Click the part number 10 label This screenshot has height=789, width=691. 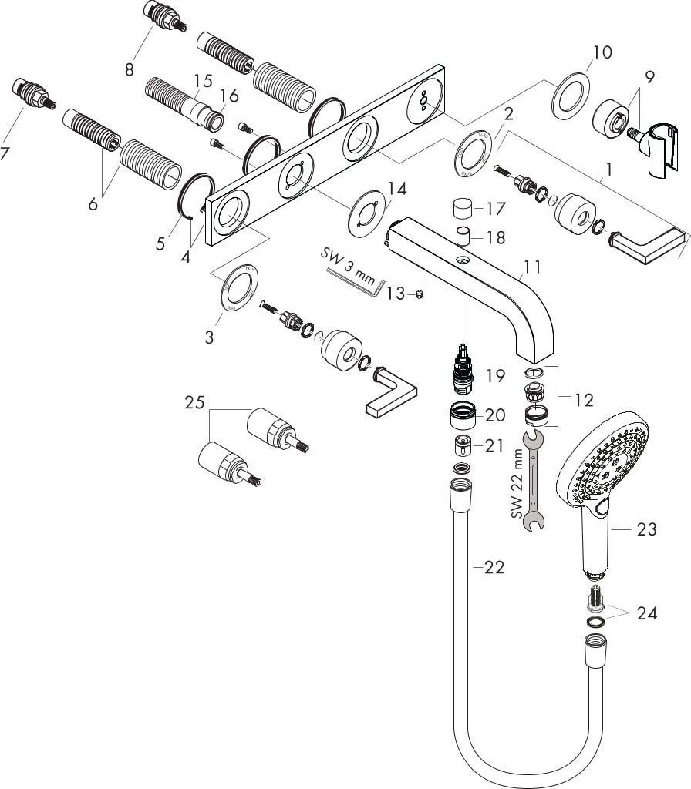coord(602,52)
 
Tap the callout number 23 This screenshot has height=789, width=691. coord(646,529)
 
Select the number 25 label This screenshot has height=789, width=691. coord(195,402)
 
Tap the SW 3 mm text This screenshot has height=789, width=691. coord(348,266)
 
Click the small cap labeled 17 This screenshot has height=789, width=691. coord(463,209)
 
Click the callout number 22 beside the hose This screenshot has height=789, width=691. coord(494,568)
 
